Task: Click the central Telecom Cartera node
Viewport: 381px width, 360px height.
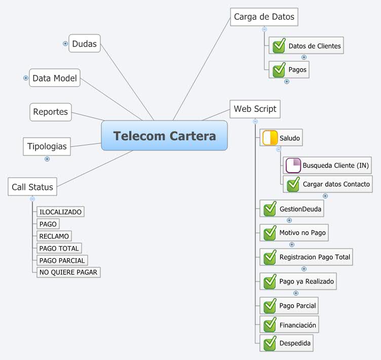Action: click(x=164, y=136)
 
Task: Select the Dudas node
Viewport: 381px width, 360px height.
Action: click(x=84, y=44)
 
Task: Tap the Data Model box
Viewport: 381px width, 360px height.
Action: click(x=55, y=78)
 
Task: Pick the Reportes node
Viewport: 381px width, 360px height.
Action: click(x=50, y=112)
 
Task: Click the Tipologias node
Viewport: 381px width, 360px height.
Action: click(x=46, y=146)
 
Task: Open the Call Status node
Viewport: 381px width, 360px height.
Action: click(x=32, y=186)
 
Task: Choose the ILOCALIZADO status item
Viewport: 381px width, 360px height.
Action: click(x=60, y=212)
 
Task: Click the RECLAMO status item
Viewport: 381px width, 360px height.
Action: click(x=54, y=236)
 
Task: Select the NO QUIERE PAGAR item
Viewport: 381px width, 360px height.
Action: click(x=68, y=272)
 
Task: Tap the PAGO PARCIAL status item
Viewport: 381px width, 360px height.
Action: click(x=62, y=260)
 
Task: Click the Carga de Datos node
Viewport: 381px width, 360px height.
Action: click(x=263, y=17)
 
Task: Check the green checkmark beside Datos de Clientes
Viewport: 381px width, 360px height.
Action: click(x=279, y=46)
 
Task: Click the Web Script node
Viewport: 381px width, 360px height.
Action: click(x=255, y=109)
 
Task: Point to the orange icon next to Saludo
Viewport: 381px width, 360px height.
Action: click(x=270, y=138)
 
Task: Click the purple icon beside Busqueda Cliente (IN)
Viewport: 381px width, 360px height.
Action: click(x=293, y=166)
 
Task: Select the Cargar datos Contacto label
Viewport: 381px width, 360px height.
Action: click(x=336, y=184)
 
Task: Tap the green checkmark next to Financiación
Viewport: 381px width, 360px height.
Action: click(x=270, y=325)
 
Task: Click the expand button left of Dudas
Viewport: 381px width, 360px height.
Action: click(x=65, y=44)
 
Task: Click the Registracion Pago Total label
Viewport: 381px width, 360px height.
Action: click(x=315, y=257)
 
